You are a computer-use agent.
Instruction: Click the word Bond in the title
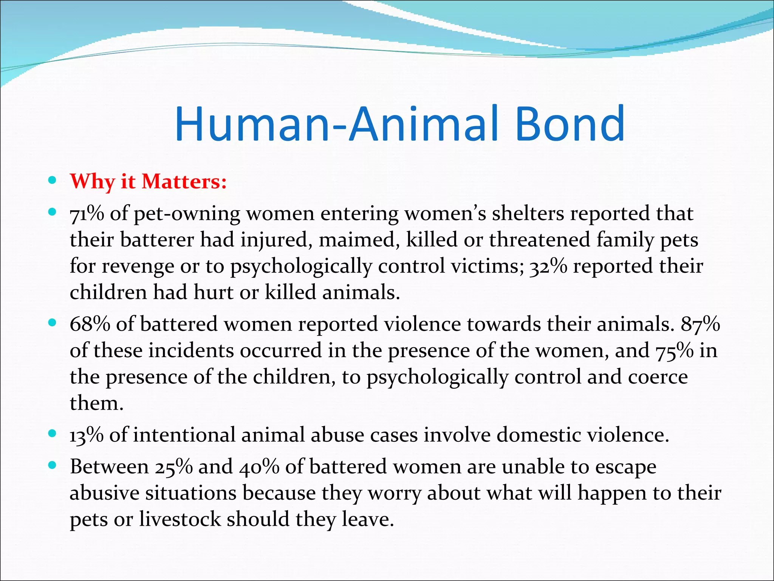pos(570,124)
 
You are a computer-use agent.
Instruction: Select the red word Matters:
pos(184,182)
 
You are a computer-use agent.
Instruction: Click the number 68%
pos(90,324)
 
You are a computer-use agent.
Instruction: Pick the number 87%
pos(700,324)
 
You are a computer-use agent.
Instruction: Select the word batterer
pos(157,240)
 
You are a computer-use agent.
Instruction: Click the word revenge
pos(138,266)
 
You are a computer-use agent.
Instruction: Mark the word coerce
pos(658,377)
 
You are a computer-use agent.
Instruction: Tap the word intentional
pos(184,435)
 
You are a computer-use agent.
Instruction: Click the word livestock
pos(180,519)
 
